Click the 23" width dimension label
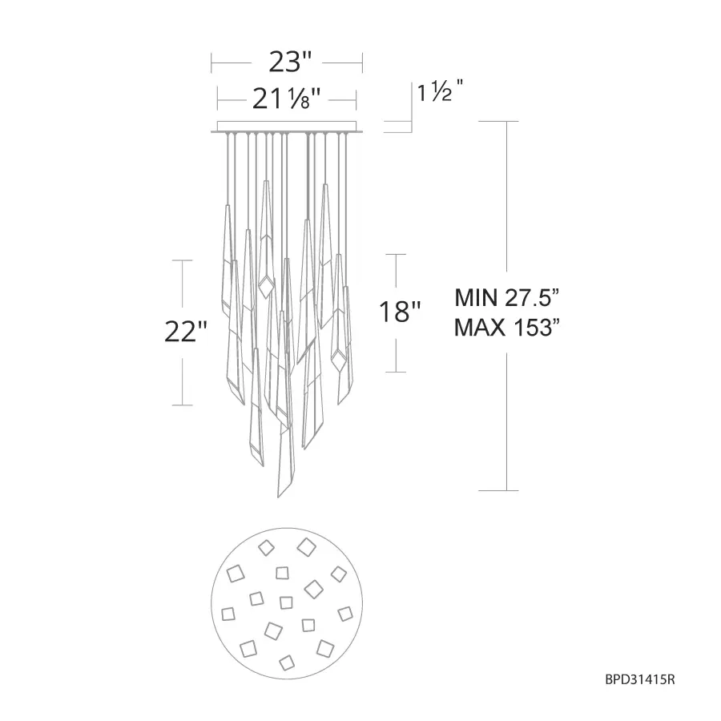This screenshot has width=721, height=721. (x=290, y=62)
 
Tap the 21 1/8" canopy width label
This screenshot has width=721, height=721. (x=286, y=99)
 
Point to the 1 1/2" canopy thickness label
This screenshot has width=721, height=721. (x=440, y=91)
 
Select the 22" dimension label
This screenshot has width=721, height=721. (x=186, y=331)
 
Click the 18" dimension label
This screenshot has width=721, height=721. (x=400, y=312)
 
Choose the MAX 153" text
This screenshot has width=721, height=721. (x=507, y=328)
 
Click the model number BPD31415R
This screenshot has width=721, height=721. (x=640, y=679)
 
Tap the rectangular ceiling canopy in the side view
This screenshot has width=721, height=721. (x=287, y=126)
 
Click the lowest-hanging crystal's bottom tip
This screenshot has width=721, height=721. (x=278, y=497)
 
